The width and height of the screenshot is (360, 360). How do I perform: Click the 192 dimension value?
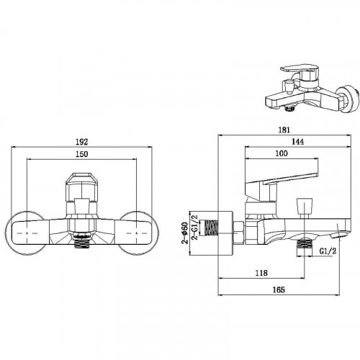(x=82, y=142)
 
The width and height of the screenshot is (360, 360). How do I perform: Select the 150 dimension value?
(x=82, y=154)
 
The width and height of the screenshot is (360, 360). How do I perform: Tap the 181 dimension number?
(x=284, y=130)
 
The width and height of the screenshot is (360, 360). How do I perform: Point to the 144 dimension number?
(x=297, y=142)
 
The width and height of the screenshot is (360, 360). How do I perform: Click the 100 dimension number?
(x=282, y=153)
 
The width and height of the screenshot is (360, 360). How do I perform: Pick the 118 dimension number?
(x=261, y=273)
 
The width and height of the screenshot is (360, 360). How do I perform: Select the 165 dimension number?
(x=279, y=289)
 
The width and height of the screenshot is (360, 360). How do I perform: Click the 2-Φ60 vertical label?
(x=185, y=233)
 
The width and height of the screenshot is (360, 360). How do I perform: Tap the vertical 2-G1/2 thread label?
(x=194, y=227)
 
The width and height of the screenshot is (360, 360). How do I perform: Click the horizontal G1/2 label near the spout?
(x=328, y=251)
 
